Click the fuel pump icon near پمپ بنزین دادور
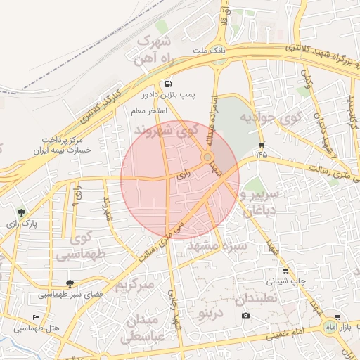pyautogui.click(x=169, y=84)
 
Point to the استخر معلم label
pyautogui.click(x=148, y=110)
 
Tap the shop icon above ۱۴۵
pyautogui.click(x=262, y=143)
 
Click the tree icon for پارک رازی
pyautogui.click(x=21, y=212)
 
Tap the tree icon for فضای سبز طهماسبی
pyautogui.click(x=68, y=283)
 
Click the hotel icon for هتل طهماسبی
pyautogui.click(x=37, y=317)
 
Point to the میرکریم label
pyautogui.click(x=133, y=285)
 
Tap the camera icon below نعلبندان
pyautogui.click(x=245, y=314)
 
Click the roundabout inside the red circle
pyautogui.click(x=208, y=157)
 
